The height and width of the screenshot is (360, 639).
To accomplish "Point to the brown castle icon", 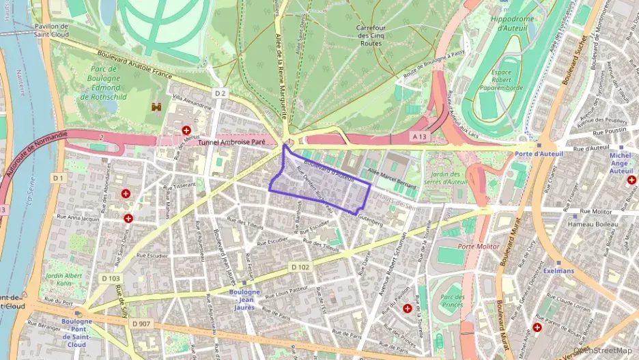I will (156, 107).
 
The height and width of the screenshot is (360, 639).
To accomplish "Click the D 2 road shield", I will (219, 93).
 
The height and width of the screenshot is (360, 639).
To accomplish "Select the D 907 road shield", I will (141, 323).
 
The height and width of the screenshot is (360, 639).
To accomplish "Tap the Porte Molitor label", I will (476, 246).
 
